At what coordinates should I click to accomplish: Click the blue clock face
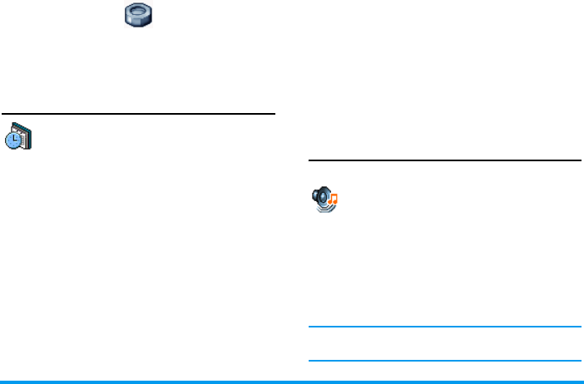(14, 140)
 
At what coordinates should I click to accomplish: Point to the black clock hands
(14, 140)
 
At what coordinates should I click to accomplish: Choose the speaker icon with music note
(324, 199)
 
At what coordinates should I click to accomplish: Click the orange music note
(334, 199)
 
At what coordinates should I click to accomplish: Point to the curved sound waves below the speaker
(325, 209)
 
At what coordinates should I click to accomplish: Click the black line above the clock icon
(138, 115)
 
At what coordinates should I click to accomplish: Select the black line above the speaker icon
(444, 160)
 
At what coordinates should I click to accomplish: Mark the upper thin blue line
(444, 327)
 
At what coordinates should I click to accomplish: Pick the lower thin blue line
(444, 361)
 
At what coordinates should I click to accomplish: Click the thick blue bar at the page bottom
(292, 382)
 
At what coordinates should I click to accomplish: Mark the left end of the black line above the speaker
(310, 160)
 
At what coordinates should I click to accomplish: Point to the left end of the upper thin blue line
(310, 327)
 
